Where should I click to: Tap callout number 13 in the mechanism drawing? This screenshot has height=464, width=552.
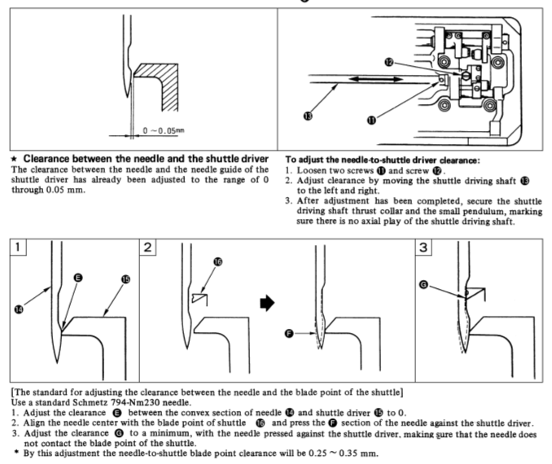click(308, 117)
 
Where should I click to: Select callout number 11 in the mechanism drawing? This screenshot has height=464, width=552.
click(372, 119)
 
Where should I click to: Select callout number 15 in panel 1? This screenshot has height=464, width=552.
click(125, 278)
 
